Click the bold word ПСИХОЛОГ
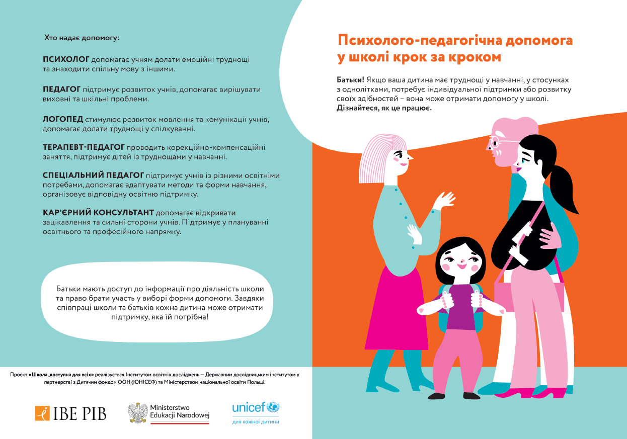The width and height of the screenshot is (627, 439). click(66, 59)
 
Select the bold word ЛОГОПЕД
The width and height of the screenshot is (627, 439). click(63, 119)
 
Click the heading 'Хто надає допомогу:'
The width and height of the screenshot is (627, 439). click(82, 37)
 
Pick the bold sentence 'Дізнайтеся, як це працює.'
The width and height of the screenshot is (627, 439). click(384, 108)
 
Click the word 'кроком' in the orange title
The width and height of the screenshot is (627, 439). click(474, 57)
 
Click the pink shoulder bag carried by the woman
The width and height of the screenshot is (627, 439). click(528, 294)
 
